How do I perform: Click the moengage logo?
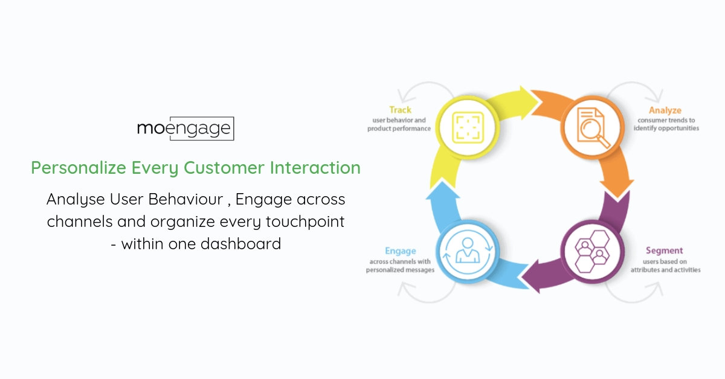(185, 129)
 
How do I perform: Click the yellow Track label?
(400, 110)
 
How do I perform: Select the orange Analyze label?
(665, 110)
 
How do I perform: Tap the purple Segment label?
(664, 250)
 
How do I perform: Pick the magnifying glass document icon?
(592, 127)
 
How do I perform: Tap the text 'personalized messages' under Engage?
(400, 270)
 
